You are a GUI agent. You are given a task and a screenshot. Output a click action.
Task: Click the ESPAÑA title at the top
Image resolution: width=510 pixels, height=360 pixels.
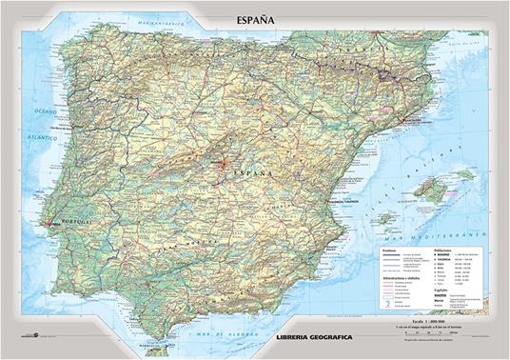[x=255, y=18]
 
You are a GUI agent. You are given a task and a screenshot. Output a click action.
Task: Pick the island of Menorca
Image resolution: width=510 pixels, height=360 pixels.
[x=490, y=173]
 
